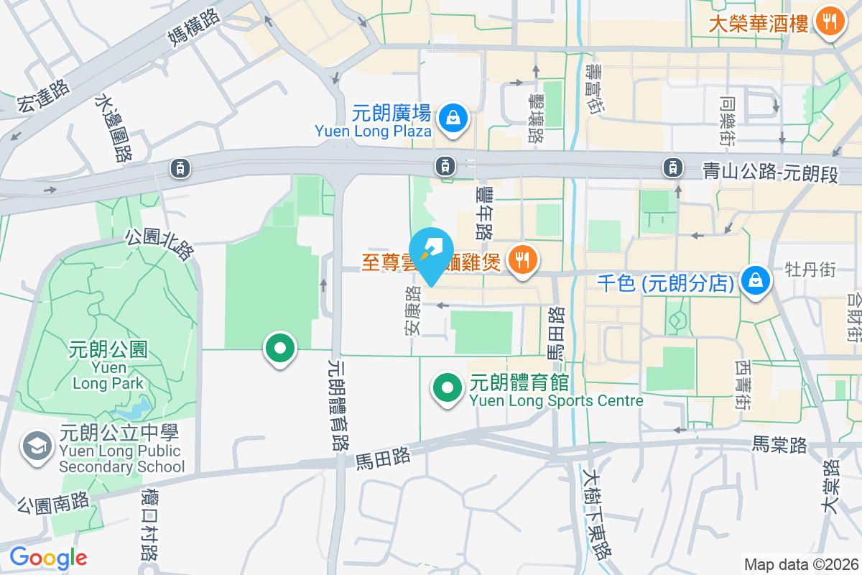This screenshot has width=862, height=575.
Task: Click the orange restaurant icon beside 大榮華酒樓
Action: (x=830, y=22)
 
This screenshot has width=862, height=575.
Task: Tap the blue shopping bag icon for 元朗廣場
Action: (x=454, y=119)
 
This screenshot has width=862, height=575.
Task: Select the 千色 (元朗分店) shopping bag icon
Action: (x=756, y=281)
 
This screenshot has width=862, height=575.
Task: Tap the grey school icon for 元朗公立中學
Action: (x=35, y=446)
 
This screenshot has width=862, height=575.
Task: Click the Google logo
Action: (x=48, y=557)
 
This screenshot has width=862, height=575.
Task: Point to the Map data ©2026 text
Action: (x=800, y=564)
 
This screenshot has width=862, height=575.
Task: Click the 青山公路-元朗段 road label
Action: (x=770, y=172)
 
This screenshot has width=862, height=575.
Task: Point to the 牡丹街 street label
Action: (x=810, y=270)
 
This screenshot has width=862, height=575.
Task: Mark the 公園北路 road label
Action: (x=159, y=245)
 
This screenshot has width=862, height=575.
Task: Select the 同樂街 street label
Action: (x=728, y=115)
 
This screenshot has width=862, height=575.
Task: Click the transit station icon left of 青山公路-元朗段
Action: (x=672, y=167)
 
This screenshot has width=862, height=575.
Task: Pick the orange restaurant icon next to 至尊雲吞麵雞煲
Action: (x=522, y=259)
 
